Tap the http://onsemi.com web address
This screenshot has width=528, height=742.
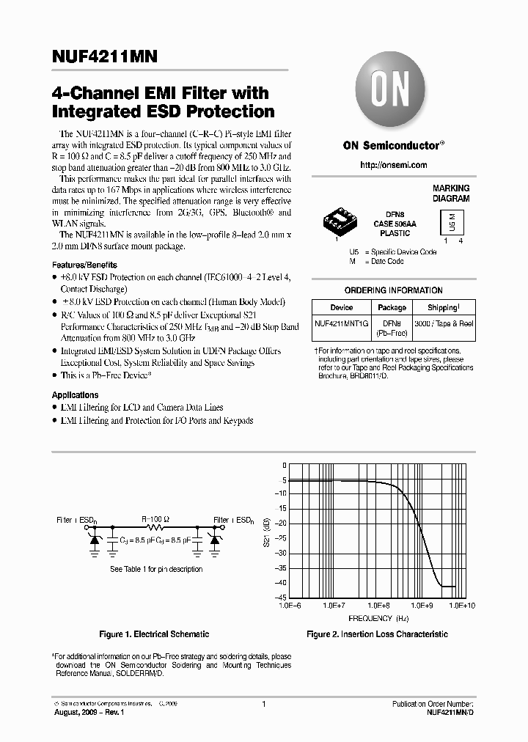(x=394, y=166)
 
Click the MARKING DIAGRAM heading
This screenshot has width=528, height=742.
(x=451, y=194)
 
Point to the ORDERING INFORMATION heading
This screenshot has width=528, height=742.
(x=393, y=290)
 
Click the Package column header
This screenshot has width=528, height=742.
(x=392, y=308)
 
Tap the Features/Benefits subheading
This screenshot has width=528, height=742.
(x=84, y=265)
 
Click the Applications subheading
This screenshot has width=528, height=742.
(x=75, y=395)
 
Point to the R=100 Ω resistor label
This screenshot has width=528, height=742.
(x=155, y=519)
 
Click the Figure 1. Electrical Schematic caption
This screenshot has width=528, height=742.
(x=154, y=634)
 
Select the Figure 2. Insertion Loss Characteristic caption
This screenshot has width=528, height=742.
(x=377, y=634)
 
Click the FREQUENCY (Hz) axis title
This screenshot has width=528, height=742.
(x=380, y=618)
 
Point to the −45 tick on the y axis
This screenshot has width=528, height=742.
(x=281, y=598)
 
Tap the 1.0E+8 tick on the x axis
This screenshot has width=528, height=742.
(x=378, y=606)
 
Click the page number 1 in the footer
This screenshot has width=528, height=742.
(x=263, y=704)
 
